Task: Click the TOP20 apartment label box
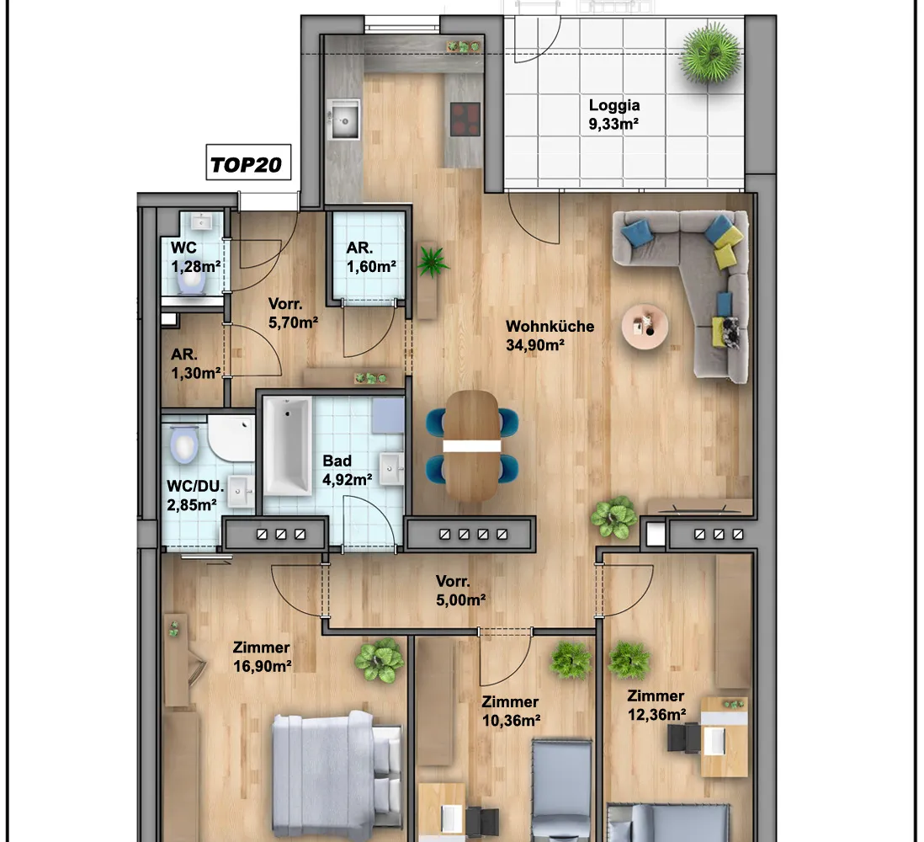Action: (248, 163)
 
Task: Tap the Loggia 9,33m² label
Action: (614, 115)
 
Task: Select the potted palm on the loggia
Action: (710, 53)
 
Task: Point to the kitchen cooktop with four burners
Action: (465, 120)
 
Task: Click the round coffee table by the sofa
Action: (645, 327)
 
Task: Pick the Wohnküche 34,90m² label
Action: (550, 335)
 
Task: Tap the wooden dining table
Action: (472, 446)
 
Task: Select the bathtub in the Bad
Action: (288, 445)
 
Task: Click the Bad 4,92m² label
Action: (347, 470)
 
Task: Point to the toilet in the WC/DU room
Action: (183, 444)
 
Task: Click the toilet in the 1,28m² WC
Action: (192, 283)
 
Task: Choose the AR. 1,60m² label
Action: (371, 257)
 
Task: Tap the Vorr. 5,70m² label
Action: (294, 313)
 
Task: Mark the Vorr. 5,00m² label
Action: (461, 591)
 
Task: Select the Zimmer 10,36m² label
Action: (511, 711)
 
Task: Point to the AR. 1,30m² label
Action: (195, 364)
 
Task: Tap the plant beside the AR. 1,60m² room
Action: (433, 261)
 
